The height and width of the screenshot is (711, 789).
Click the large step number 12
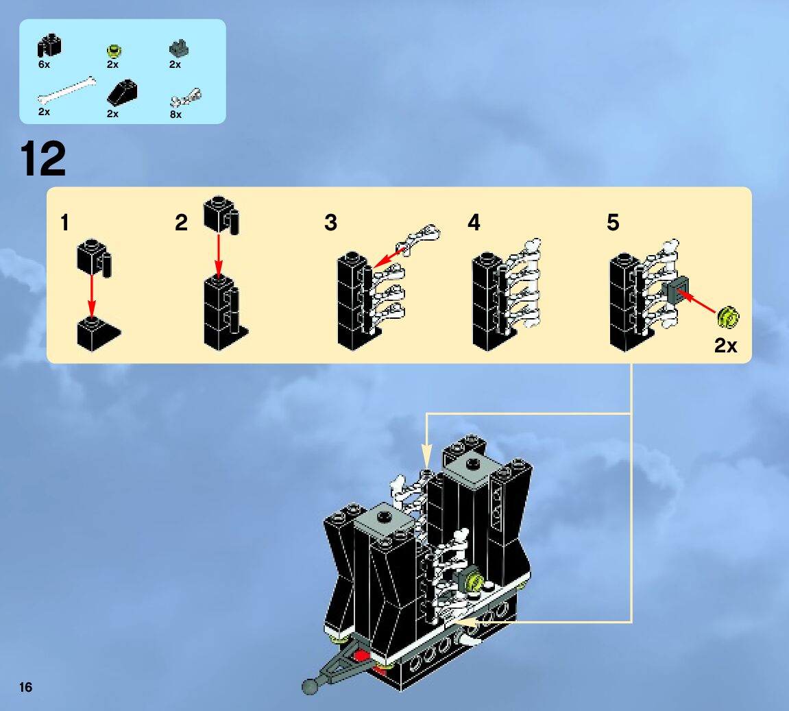44,159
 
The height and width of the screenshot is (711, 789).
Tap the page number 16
26,687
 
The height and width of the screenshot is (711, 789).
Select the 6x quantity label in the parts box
44,64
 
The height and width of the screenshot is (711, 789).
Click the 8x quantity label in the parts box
175,115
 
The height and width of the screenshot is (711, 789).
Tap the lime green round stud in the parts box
113,50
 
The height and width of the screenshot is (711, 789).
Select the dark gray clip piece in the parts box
178,49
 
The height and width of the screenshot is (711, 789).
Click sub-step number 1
64,223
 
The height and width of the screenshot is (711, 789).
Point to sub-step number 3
331,223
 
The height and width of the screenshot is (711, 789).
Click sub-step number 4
474,223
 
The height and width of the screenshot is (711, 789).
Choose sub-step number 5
613,223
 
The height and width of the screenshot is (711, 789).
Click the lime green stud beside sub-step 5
728,317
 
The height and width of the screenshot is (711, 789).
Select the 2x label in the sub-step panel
725,346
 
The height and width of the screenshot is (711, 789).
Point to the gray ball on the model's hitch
310,686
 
